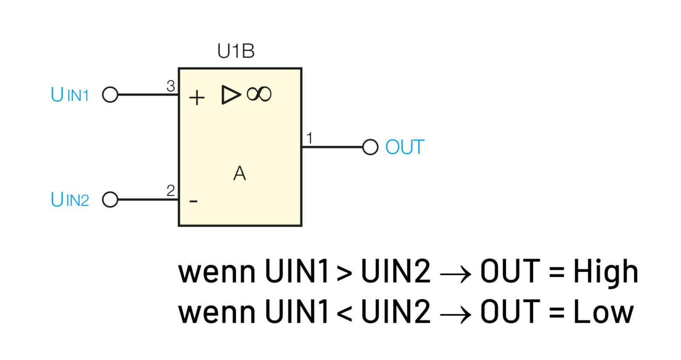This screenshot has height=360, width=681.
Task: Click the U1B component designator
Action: tap(236, 51)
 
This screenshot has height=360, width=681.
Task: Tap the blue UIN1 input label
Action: tap(70, 94)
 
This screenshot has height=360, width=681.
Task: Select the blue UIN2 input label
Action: tap(70, 200)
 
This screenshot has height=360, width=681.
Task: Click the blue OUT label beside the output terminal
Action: tap(405, 147)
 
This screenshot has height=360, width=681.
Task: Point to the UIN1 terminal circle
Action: tap(110, 94)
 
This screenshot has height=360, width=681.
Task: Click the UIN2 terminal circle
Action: tap(110, 199)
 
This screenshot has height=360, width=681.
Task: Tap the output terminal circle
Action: tap(370, 147)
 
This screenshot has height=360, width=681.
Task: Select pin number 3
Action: tap(171, 86)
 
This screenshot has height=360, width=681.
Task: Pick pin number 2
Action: tap(171, 190)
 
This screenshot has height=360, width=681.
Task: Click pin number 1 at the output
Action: tap(309, 138)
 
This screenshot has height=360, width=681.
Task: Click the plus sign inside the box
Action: tap(197, 98)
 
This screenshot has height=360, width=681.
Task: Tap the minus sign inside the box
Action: tap(193, 201)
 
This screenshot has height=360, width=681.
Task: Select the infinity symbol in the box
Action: tap(259, 94)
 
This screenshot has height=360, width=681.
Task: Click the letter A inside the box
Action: tap(240, 173)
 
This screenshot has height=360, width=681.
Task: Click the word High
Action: tap(605, 271)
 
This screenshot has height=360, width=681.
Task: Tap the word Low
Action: tap(603, 312)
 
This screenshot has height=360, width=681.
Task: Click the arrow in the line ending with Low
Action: tap(455, 314)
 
